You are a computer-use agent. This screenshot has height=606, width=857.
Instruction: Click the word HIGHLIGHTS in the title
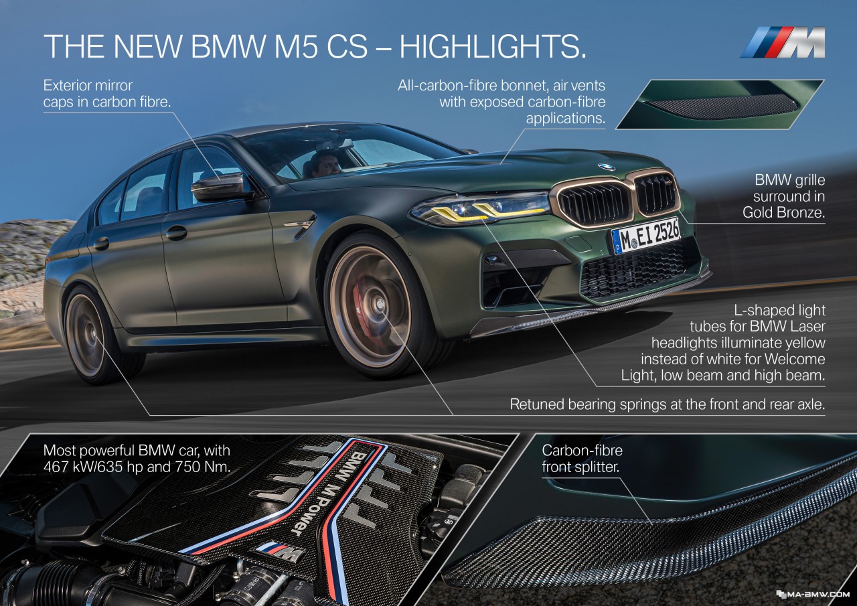[x=493, y=46]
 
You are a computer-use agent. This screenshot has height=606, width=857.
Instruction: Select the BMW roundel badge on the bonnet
[x=607, y=167]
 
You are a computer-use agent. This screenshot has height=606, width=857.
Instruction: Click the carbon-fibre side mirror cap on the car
[x=218, y=185]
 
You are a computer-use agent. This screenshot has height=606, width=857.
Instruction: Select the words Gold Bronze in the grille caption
[x=783, y=212]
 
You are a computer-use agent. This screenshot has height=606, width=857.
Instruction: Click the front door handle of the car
[x=176, y=232]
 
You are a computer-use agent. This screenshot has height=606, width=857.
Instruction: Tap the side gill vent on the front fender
[x=301, y=224]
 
